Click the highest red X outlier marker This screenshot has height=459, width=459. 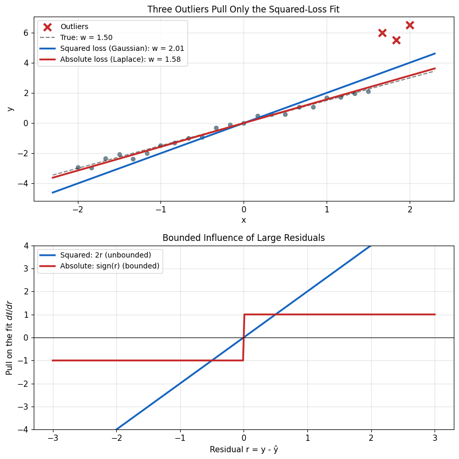[410, 25]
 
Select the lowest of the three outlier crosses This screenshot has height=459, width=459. [396, 40]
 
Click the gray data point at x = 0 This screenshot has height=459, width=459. [244, 123]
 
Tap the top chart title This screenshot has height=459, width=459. [243, 9]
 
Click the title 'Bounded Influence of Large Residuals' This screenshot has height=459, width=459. [244, 238]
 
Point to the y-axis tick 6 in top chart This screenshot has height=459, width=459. [26, 33]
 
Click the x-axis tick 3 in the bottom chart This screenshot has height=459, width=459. [435, 438]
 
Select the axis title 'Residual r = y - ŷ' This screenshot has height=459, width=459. [244, 449]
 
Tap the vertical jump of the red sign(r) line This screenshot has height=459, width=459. [244, 337]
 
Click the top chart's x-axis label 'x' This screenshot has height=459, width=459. [244, 221]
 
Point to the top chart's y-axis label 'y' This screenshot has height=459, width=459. [10, 109]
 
